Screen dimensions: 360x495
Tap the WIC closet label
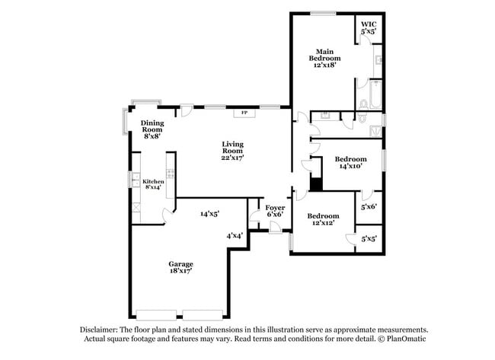369,25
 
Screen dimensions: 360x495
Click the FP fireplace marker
244,113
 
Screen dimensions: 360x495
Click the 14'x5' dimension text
211,214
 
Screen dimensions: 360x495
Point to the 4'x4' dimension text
235,236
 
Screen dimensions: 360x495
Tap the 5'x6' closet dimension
368,206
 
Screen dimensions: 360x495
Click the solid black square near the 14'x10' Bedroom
316,183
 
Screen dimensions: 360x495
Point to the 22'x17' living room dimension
232,158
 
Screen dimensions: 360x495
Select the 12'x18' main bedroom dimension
324,65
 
